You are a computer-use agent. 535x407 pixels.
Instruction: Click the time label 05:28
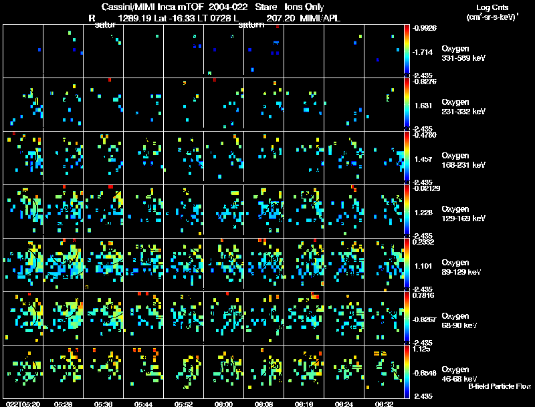coord(64,404)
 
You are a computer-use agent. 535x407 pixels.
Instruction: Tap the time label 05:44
coord(144,404)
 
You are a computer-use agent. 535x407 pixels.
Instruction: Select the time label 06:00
coord(224,404)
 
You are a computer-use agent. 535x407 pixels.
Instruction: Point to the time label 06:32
coord(384,404)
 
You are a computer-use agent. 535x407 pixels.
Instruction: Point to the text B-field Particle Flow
coord(500,386)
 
